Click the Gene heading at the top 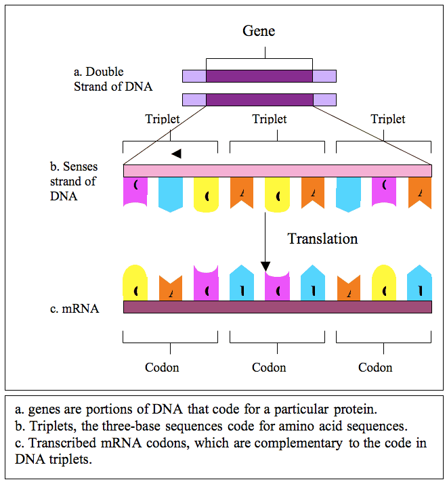259,31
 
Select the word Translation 322,238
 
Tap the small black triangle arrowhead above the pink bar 177,154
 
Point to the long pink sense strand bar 278,170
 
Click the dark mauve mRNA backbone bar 278,307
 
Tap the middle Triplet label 270,119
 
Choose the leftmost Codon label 163,368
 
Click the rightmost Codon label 375,368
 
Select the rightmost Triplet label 388,119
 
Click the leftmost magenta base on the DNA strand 135,192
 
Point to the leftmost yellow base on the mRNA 135,283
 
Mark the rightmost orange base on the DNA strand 419,192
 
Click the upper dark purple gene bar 259,76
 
